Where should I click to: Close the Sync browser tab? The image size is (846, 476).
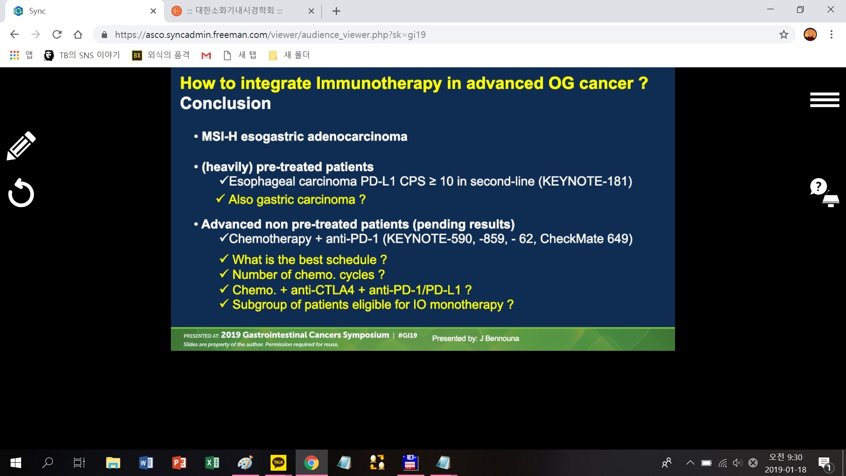pyautogui.click(x=153, y=11)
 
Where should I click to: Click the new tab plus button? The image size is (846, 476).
pyautogui.click(x=336, y=11)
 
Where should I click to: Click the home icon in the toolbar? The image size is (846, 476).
pyautogui.click(x=78, y=34)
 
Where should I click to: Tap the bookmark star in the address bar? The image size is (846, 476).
pyautogui.click(x=783, y=34)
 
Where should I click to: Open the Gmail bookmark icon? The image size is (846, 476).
pyautogui.click(x=206, y=56)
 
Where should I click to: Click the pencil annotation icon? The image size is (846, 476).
pyautogui.click(x=21, y=146)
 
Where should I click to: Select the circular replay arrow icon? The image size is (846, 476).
pyautogui.click(x=21, y=193)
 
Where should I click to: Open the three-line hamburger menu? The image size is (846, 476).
pyautogui.click(x=824, y=100)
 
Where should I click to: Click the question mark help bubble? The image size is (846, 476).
pyautogui.click(x=819, y=186)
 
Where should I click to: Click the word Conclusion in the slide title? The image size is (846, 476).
pyautogui.click(x=226, y=103)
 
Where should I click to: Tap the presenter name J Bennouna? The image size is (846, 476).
pyautogui.click(x=499, y=338)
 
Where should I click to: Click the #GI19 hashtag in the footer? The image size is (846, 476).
pyautogui.click(x=408, y=335)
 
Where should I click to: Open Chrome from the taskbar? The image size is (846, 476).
pyautogui.click(x=312, y=463)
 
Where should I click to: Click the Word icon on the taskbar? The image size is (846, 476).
pyautogui.click(x=146, y=463)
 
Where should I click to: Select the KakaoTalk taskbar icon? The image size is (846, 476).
pyautogui.click(x=278, y=463)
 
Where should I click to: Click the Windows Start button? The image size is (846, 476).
pyautogui.click(x=16, y=463)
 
